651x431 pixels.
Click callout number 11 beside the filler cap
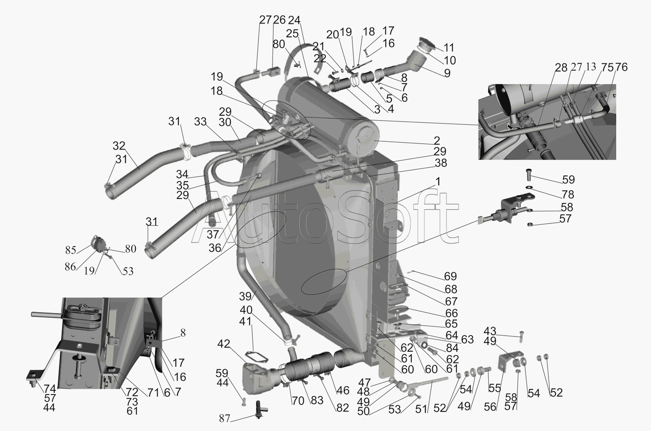click(449, 48)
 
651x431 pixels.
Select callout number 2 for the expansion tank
click(437, 140)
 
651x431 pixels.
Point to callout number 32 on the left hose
click(119, 146)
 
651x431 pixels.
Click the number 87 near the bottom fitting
click(225, 418)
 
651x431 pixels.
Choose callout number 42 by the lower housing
click(224, 344)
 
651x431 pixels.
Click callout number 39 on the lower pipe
click(246, 297)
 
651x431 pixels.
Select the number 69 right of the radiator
click(450, 276)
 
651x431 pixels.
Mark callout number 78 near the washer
click(568, 194)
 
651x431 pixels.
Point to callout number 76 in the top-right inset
click(621, 67)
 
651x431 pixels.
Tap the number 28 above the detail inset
click(561, 68)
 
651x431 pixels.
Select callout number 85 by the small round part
click(71, 250)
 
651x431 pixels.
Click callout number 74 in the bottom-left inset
click(50, 389)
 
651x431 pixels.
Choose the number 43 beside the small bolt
click(490, 331)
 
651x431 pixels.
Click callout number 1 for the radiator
click(437, 182)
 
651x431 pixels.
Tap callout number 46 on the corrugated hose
click(343, 390)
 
